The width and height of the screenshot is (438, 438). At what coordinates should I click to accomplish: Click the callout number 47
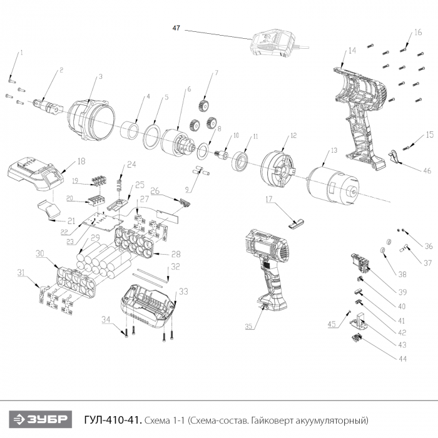[x=176, y=28]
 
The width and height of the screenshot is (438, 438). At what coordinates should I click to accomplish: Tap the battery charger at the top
[x=273, y=44]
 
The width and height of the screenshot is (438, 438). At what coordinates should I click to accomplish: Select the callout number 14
[x=352, y=50]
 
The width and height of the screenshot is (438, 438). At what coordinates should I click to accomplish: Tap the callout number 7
[x=216, y=73]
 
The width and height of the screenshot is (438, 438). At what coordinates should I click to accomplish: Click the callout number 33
[x=183, y=291]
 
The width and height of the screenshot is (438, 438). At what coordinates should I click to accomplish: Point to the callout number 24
[x=131, y=165]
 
